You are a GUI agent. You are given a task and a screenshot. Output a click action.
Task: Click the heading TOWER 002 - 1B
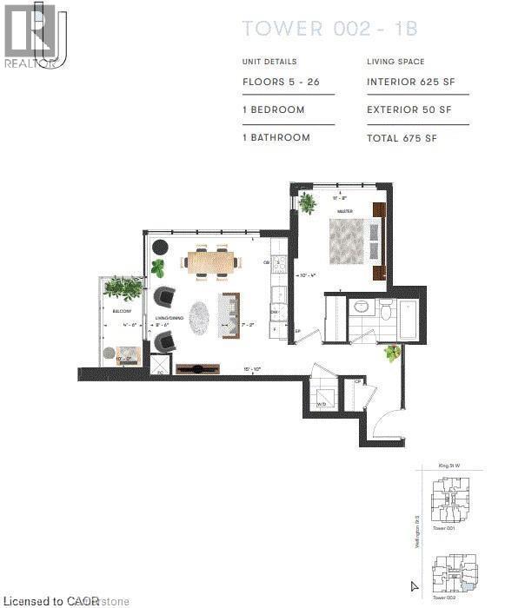(329, 30)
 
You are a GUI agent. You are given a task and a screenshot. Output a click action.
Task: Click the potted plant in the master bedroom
(307, 202)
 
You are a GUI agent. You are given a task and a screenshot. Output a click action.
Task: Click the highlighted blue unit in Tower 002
(470, 588)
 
